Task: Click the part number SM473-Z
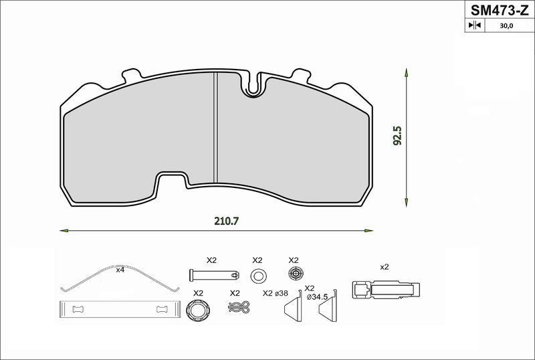click(x=500, y=10)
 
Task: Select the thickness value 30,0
click(x=506, y=25)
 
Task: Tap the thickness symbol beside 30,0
click(x=475, y=25)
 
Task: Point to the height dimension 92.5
click(x=397, y=136)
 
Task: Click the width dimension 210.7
click(x=226, y=221)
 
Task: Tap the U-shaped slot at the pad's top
click(x=253, y=84)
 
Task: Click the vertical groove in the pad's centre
click(x=215, y=127)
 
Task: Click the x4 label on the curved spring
click(x=120, y=270)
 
